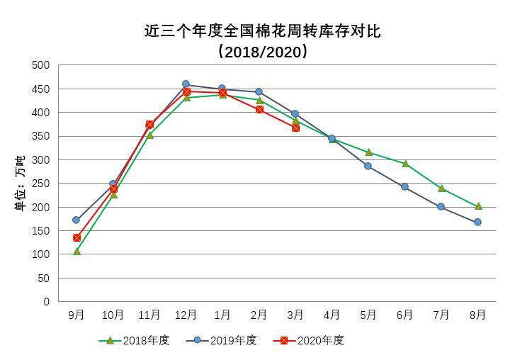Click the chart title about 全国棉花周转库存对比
pyautogui.click(x=262, y=31)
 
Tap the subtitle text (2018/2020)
pyautogui.click(x=262, y=52)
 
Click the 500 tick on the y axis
pyautogui.click(x=42, y=65)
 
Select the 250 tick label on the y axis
pyautogui.click(x=42, y=184)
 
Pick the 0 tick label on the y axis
pyautogui.click(x=47, y=302)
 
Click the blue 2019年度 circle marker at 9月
pyautogui.click(x=77, y=220)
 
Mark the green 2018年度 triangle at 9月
pyautogui.click(x=77, y=251)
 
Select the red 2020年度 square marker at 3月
pyautogui.click(x=295, y=128)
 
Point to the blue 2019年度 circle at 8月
pyautogui.click(x=477, y=222)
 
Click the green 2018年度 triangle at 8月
pyautogui.click(x=477, y=206)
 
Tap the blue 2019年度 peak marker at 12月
pyautogui.click(x=186, y=84)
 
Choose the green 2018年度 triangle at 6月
pyautogui.click(x=405, y=164)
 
